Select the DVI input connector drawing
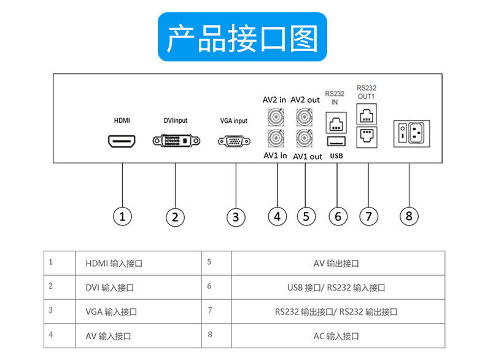(x=175, y=141)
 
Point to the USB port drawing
(x=336, y=142)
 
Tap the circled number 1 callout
(x=123, y=216)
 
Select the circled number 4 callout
(x=277, y=216)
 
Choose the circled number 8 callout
(x=409, y=216)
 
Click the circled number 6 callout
(x=338, y=216)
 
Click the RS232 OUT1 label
(x=367, y=92)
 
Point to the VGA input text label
(x=234, y=121)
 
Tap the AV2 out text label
(x=305, y=100)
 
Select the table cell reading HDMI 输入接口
(x=138, y=264)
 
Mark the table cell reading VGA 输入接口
(x=138, y=311)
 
